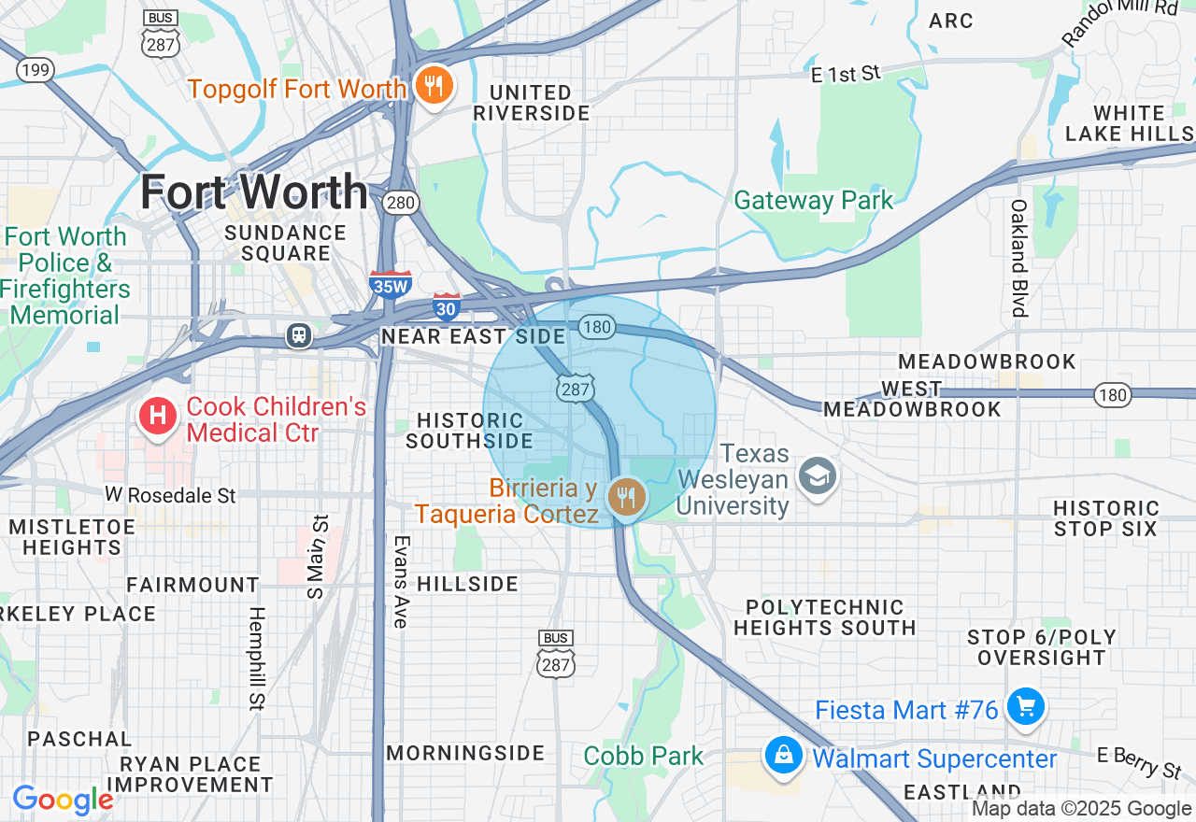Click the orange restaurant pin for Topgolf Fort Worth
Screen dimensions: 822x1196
point(433,87)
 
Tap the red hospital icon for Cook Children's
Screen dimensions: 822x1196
point(159,414)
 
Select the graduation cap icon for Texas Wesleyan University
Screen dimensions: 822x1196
point(818,476)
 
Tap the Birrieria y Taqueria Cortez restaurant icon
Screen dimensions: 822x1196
point(625,497)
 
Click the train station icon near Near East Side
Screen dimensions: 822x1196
point(299,335)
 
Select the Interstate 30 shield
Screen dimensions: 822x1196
point(447,306)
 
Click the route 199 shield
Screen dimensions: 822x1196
point(35,70)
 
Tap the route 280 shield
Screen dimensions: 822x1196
point(402,203)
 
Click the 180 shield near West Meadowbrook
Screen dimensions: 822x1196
point(1112,395)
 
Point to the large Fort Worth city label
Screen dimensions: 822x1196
point(254,193)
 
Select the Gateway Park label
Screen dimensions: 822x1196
point(813,201)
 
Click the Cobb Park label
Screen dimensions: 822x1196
point(643,756)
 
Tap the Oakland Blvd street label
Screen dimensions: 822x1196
point(1018,258)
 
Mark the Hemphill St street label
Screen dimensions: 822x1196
point(257,658)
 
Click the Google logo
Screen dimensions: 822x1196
point(63,801)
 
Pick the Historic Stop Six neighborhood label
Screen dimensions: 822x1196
point(1105,518)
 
